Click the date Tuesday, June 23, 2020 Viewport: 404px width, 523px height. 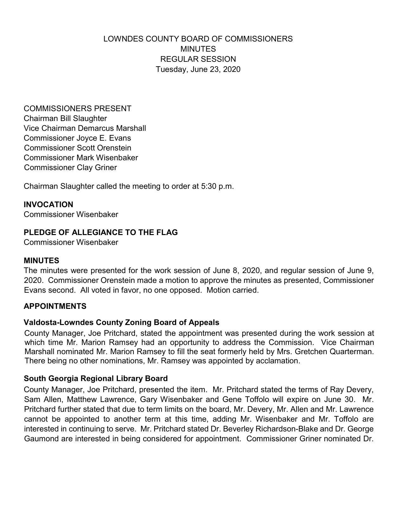click(198, 69)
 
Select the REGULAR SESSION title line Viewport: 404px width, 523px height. click(198, 59)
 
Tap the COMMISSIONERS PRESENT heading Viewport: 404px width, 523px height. click(77, 109)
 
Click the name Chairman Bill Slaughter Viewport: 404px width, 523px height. click(65, 118)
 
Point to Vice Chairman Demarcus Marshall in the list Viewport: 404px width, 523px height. click(85, 128)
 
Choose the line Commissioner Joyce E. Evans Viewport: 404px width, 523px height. click(77, 138)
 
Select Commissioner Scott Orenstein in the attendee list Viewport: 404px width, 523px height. click(77, 148)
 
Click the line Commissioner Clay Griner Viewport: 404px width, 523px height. click(70, 168)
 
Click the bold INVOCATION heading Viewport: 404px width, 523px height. click(48, 204)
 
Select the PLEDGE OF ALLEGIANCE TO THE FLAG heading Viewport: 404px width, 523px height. click(100, 232)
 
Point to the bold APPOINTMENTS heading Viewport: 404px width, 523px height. click(55, 306)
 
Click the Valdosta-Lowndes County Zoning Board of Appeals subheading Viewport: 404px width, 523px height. click(121, 322)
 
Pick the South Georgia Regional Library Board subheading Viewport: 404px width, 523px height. click(96, 379)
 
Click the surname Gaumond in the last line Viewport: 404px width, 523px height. click(40, 439)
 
